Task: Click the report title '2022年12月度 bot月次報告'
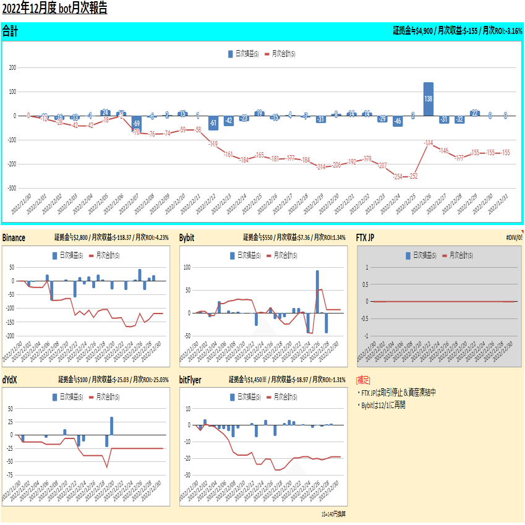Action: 54,9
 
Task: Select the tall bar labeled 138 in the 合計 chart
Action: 428,99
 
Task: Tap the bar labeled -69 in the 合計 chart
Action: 136,124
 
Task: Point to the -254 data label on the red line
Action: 398,176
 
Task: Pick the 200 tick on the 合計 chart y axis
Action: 12,67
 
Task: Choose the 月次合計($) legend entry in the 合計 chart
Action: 280,54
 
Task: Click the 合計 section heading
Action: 10,30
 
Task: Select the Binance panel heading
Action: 14,237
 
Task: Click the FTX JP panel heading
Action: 369,237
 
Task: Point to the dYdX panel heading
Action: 10,379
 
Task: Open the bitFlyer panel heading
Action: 190,379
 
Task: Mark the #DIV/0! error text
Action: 514,237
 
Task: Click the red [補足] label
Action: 364,380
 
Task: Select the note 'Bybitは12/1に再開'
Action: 382,405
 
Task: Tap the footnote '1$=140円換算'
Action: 333,514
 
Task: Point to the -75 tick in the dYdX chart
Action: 9,475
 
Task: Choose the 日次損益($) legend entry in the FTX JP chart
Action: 420,255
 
